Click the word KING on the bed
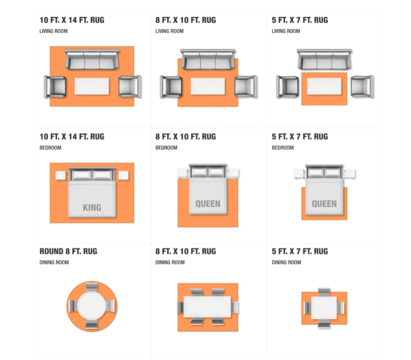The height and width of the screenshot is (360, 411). pos(92,207)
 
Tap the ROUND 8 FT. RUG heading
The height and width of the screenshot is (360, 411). pos(68,251)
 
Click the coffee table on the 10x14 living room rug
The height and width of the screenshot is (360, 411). pos(92,86)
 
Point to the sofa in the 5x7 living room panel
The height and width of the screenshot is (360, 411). pos(324,59)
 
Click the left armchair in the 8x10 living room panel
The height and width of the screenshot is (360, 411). pos(171,87)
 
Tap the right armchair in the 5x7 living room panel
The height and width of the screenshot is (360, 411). pos(362,87)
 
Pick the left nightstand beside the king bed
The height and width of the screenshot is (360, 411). pos(61,175)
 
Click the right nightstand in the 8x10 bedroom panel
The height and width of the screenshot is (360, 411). pos(233,174)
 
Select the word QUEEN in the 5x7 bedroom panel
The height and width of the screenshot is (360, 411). pos(324,204)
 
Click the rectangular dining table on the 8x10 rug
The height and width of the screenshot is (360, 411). pos(207,307)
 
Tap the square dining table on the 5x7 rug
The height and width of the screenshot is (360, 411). pos(324,308)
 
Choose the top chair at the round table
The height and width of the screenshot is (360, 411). pos(92,287)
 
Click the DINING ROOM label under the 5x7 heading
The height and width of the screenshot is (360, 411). pos(286,262)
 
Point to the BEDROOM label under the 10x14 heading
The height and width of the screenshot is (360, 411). pos(50,147)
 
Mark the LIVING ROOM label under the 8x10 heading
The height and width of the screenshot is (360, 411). pos(169,31)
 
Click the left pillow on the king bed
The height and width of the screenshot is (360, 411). pos(81,175)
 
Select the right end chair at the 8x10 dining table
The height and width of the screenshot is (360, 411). pos(235,307)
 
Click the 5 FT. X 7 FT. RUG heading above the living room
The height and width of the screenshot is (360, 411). pos(300,20)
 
